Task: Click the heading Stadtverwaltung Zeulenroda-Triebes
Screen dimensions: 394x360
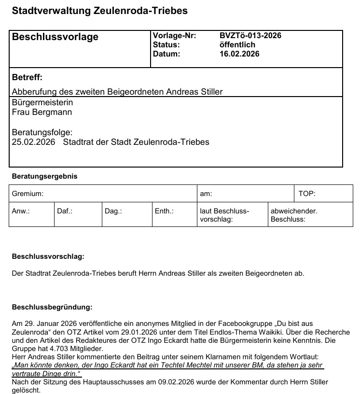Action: (x=99, y=10)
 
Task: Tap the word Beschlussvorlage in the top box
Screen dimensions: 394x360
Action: (x=55, y=37)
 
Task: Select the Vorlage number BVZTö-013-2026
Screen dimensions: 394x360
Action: (x=250, y=36)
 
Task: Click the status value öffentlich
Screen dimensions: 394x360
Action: (x=237, y=45)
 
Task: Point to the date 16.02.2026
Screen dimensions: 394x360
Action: (x=239, y=54)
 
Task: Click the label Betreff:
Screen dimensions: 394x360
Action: (x=27, y=77)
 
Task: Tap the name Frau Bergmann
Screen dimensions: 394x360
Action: (x=42, y=113)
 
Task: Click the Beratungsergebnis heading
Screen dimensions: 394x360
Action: (x=44, y=176)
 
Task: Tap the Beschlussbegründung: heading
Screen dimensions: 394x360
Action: (x=52, y=307)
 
